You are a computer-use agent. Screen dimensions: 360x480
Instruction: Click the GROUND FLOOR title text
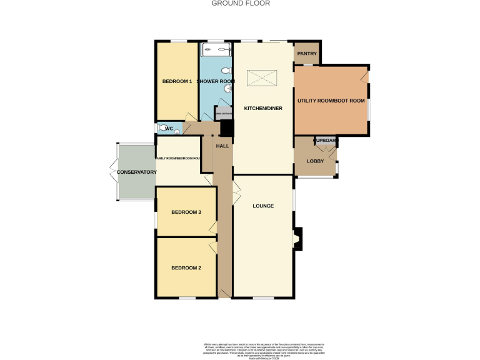point(241,3)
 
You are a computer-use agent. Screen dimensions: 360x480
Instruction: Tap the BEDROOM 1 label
point(177,82)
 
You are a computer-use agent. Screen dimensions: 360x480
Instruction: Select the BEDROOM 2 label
point(186,268)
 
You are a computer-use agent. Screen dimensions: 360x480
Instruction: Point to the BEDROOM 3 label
point(186,212)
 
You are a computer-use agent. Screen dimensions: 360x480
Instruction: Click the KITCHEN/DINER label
point(263,108)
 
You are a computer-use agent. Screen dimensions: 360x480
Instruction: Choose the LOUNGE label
point(263,206)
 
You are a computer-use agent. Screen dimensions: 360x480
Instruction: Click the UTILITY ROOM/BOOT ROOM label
point(331,101)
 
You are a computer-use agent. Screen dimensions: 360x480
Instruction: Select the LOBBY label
point(315,161)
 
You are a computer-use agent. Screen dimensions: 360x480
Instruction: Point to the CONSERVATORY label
point(136,172)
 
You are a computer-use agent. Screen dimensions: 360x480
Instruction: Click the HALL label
point(222,146)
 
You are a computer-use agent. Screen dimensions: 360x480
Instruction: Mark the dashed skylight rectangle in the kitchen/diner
point(261,79)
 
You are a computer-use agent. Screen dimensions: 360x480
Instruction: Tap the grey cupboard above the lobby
point(326,141)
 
